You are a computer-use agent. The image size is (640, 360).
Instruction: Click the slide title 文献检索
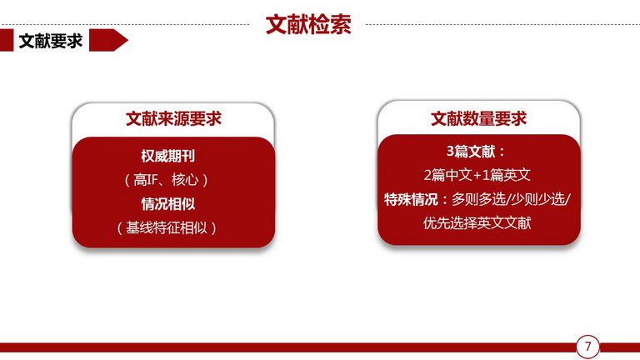click(x=308, y=25)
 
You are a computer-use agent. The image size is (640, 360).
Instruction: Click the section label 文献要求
click(x=51, y=41)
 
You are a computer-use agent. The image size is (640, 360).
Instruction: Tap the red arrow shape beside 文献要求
click(x=108, y=40)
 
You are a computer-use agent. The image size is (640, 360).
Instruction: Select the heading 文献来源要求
click(x=173, y=119)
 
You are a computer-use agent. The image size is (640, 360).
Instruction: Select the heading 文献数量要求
click(x=479, y=118)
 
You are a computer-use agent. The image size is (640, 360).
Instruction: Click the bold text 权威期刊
click(x=167, y=156)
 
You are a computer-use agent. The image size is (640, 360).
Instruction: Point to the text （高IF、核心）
click(x=167, y=180)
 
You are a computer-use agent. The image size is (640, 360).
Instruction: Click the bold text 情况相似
click(x=167, y=203)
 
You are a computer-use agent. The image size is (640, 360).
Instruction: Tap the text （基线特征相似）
click(x=167, y=227)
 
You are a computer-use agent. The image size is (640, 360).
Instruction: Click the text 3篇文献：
click(x=476, y=152)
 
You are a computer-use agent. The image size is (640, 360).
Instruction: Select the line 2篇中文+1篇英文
click(x=477, y=175)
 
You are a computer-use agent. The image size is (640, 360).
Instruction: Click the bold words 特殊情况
click(x=411, y=200)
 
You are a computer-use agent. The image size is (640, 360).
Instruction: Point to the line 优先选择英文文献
click(x=477, y=223)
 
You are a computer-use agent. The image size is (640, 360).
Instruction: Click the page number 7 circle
click(x=587, y=347)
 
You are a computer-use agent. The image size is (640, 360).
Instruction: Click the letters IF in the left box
click(x=152, y=180)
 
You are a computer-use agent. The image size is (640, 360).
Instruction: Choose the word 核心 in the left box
click(x=185, y=180)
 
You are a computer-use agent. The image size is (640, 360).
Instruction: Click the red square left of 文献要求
click(x=7, y=40)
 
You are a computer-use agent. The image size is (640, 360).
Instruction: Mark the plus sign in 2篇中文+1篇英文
click(x=477, y=176)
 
